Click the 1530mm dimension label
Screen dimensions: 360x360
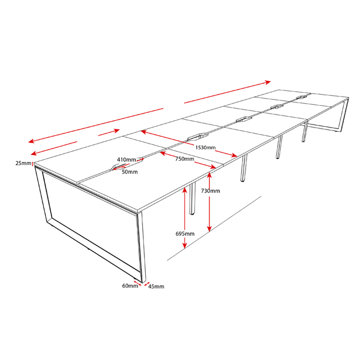pos(205,148)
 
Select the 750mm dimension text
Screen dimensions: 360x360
pos(184,159)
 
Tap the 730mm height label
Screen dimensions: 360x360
pos(211,191)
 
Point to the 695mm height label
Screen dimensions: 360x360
pos(185,234)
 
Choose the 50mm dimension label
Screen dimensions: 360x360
pos(130,172)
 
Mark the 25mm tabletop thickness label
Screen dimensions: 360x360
pos(23,163)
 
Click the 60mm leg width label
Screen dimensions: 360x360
pos(130,286)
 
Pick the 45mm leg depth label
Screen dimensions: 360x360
pos(156,287)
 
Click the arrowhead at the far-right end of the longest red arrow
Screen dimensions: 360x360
pos(268,82)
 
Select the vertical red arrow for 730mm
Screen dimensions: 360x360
pos(209,202)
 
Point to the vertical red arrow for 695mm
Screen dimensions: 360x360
pos(185,218)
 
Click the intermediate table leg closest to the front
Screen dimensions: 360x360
pos(192,198)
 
